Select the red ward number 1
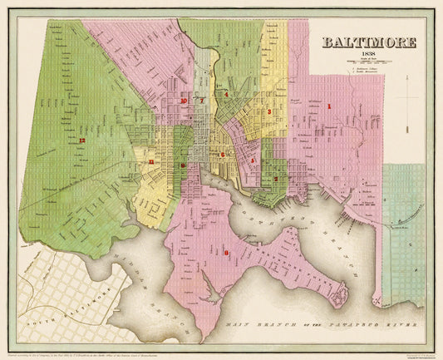click(x=328, y=106)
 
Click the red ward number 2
click(x=275, y=178)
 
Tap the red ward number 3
click(x=268, y=111)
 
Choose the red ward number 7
click(x=202, y=101)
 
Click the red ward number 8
click(x=226, y=252)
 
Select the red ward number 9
click(x=182, y=165)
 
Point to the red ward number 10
click(x=182, y=101)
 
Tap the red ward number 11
click(x=151, y=161)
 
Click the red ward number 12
click(x=81, y=141)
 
